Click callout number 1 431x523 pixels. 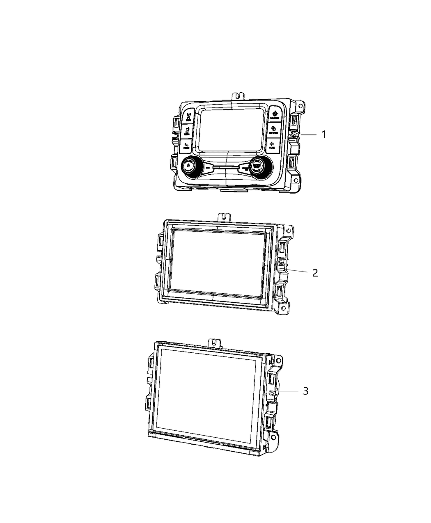click(x=323, y=135)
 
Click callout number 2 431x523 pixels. click(x=315, y=272)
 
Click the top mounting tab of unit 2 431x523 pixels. click(x=223, y=216)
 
